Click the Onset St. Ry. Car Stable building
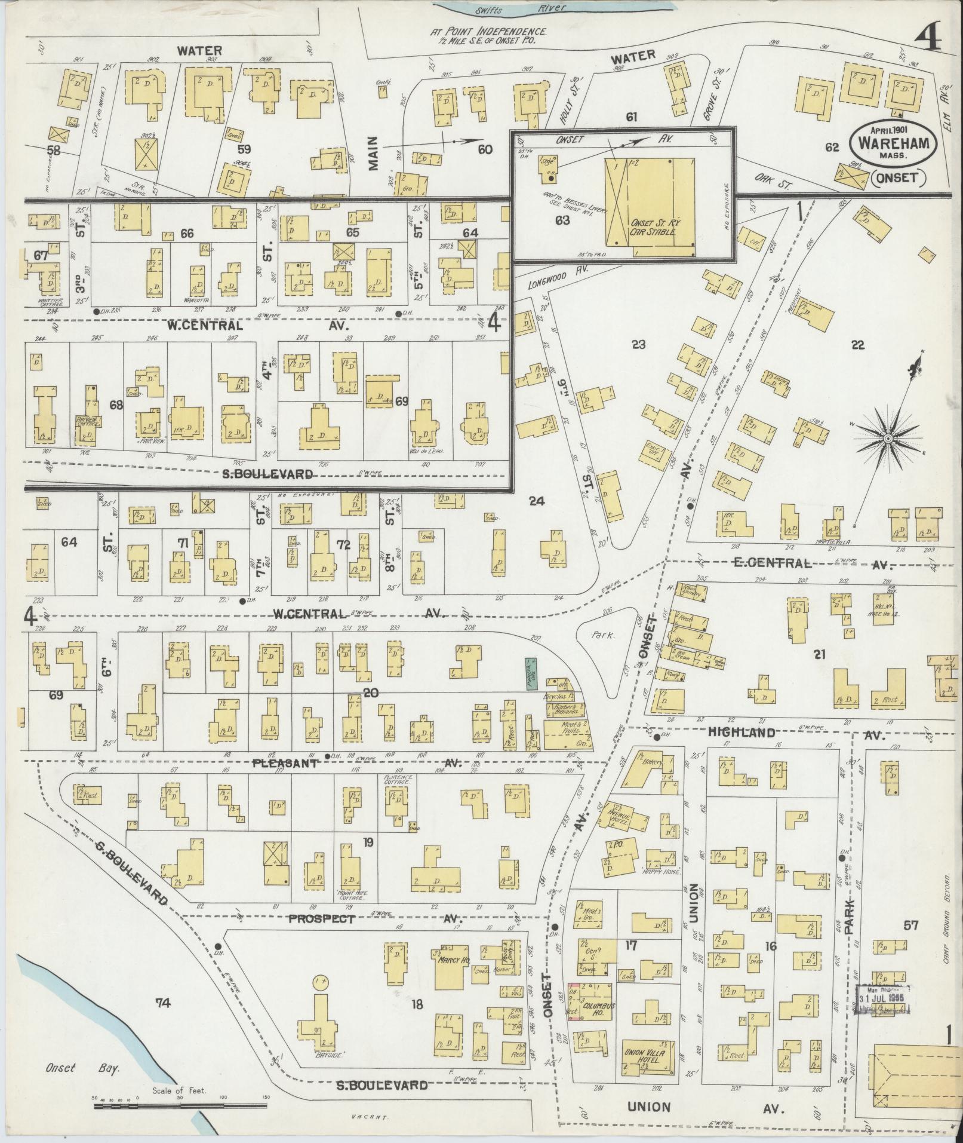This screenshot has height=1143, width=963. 651,203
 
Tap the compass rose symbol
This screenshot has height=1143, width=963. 888,439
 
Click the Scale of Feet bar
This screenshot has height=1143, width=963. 181,1107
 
